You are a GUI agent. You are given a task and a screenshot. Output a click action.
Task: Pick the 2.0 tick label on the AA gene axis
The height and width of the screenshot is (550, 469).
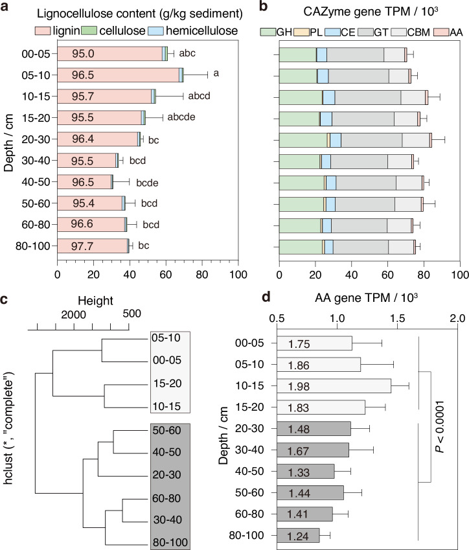(x=457, y=319)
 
